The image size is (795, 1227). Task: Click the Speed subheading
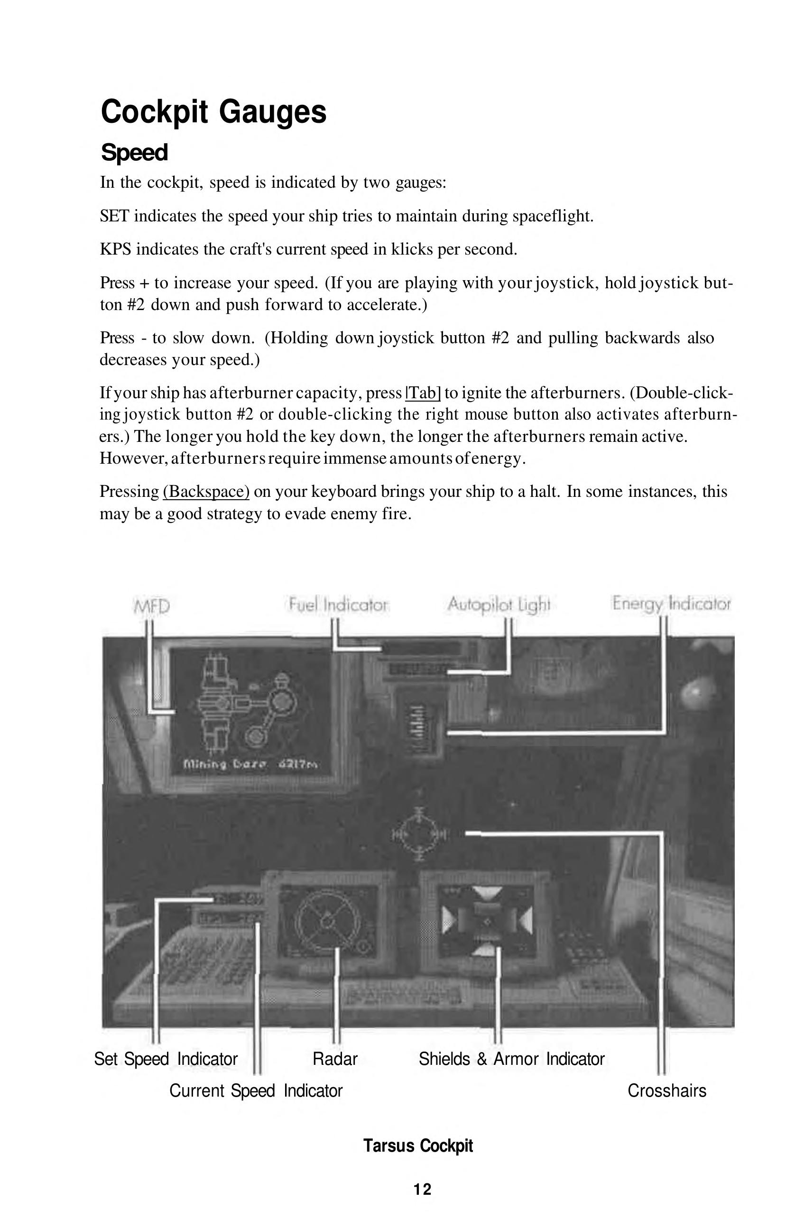(x=134, y=153)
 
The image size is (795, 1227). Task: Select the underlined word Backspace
(x=206, y=491)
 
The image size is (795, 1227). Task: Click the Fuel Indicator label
(x=338, y=604)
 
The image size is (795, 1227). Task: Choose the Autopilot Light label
(x=499, y=604)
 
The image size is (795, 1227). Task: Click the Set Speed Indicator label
(x=166, y=1059)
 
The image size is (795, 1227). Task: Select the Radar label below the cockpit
(x=335, y=1059)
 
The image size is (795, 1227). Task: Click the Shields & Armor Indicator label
(x=511, y=1059)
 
